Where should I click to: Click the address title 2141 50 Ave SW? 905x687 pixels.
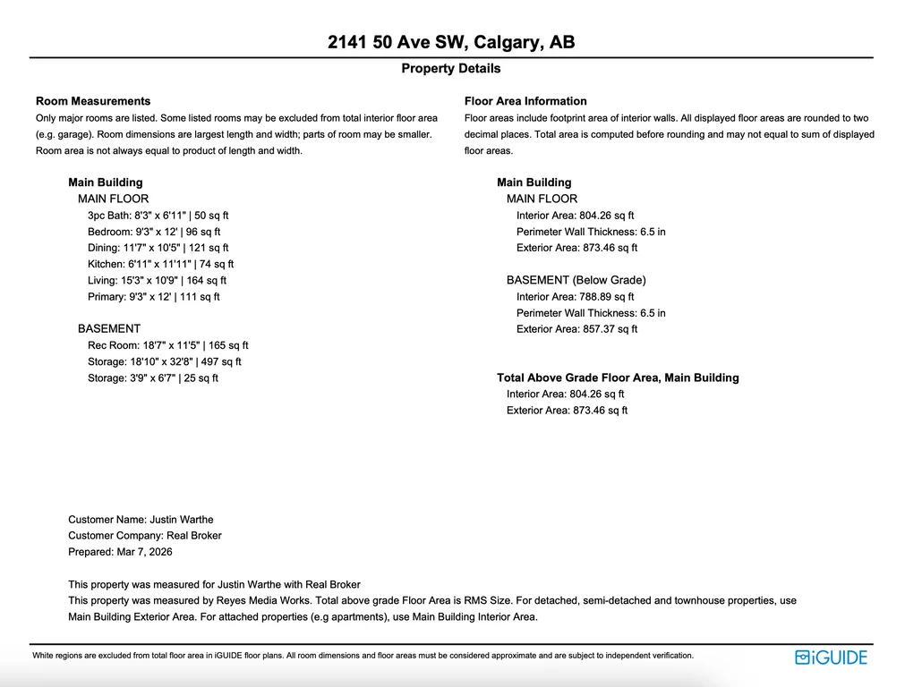point(451,42)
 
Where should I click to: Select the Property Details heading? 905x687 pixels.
point(451,69)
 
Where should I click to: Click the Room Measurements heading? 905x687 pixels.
point(93,101)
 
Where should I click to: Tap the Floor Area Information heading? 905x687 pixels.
point(525,101)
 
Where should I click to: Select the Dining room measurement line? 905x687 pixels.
point(158,248)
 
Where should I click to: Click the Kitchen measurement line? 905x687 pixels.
point(161,264)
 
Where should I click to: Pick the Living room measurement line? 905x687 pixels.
point(158,281)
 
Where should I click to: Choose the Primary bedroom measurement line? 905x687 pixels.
point(154,297)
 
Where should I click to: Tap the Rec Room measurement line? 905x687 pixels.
point(168,345)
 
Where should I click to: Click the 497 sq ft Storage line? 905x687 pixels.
point(165,361)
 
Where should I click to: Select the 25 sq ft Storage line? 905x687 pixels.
point(153,378)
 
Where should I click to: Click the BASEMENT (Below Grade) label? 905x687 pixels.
point(576,280)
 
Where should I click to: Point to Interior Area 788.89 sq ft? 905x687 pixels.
point(576,297)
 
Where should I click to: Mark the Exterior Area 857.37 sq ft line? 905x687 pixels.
point(577,329)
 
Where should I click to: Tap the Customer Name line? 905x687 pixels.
point(141,520)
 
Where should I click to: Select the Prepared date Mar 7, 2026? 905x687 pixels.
point(120,552)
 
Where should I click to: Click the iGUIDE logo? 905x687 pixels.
point(831,657)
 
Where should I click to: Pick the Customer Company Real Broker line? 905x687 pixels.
point(145,536)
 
